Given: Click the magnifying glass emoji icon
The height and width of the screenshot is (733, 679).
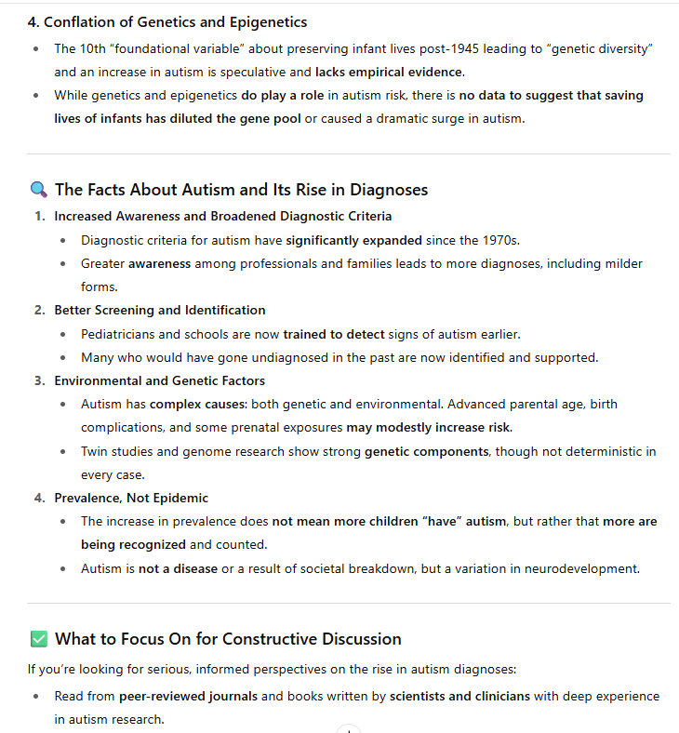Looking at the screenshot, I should pyautogui.click(x=38, y=190).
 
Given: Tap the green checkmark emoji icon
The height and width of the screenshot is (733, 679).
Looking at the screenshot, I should pyautogui.click(x=38, y=639).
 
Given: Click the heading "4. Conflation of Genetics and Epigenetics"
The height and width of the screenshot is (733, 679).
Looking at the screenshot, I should pyautogui.click(x=167, y=21).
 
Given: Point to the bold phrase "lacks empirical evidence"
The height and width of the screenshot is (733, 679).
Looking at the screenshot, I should pyautogui.click(x=388, y=72).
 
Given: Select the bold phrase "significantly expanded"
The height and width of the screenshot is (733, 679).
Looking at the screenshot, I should pyautogui.click(x=353, y=240).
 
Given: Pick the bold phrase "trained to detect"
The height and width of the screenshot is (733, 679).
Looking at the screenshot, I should pyautogui.click(x=336, y=334).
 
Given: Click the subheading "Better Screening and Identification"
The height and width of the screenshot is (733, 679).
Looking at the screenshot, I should pyautogui.click(x=159, y=310).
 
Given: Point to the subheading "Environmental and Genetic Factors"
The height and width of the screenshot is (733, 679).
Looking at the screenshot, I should pyautogui.click(x=159, y=380).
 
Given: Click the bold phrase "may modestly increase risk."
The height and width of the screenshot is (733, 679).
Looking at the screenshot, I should pyautogui.click(x=429, y=428).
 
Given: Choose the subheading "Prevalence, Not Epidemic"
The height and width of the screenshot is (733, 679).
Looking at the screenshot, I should pyautogui.click(x=131, y=498).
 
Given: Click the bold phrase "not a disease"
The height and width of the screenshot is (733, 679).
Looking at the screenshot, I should pyautogui.click(x=178, y=568).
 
